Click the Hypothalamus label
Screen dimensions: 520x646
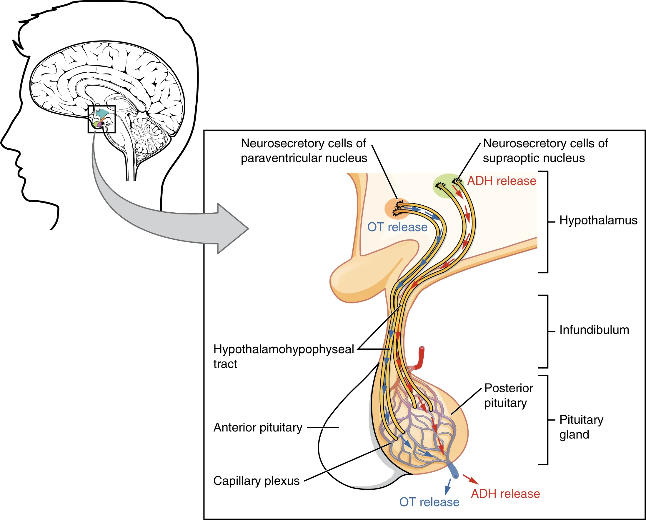[x=598, y=221]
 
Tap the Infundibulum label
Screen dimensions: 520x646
[x=594, y=330]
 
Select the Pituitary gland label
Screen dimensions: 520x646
[x=581, y=427]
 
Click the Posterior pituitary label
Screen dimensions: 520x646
[x=508, y=395]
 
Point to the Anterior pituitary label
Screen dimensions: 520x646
[x=258, y=427]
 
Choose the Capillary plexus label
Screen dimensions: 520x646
[x=256, y=481]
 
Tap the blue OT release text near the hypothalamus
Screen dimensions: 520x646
[x=397, y=227]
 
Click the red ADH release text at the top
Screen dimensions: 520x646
[x=502, y=181]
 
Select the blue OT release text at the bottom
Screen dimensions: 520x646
[x=429, y=502]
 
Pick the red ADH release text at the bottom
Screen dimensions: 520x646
[x=505, y=494]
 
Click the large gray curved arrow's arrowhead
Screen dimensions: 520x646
[x=234, y=229]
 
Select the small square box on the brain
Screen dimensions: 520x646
[x=101, y=119]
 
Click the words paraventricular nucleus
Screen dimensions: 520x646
[x=304, y=158]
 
